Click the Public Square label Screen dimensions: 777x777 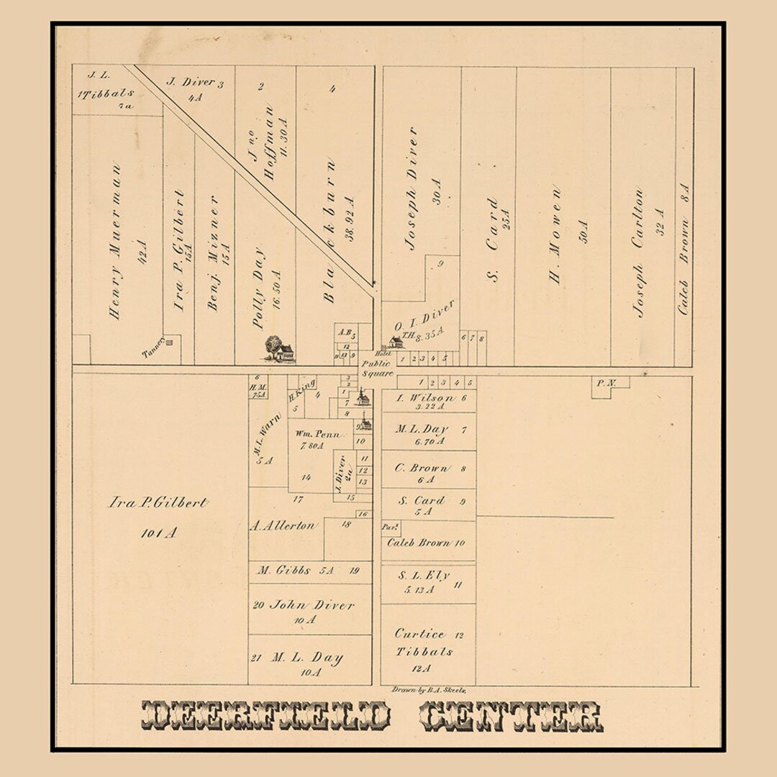pos(378,368)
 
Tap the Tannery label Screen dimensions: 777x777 pos(154,348)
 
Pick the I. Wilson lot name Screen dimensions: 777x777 pos(425,398)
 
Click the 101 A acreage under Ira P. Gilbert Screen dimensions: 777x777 pos(158,533)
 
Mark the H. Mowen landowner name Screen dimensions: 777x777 pos(556,235)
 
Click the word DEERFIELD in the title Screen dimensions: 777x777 pos(266,715)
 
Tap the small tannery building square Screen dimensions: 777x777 pos(169,342)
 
